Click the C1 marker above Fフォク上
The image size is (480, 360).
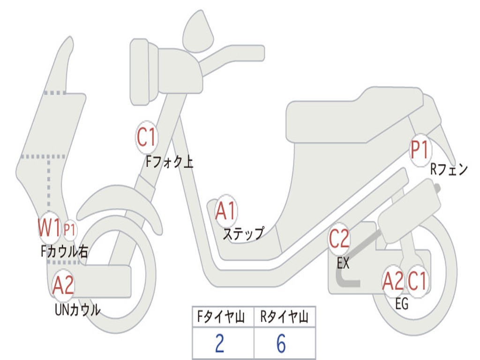click(x=146, y=137)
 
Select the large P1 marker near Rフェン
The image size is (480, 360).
click(x=420, y=150)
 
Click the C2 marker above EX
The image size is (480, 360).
click(x=339, y=240)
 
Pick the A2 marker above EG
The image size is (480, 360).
click(x=393, y=281)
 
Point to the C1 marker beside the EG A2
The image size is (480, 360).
click(x=417, y=281)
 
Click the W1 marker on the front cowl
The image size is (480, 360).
click(x=49, y=229)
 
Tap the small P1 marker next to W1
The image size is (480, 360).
click(x=70, y=230)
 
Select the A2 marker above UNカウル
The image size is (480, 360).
click(x=63, y=285)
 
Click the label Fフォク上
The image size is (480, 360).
click(x=169, y=162)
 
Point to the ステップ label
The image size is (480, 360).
click(x=243, y=233)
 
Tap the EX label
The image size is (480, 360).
click(x=343, y=263)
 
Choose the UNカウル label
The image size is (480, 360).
click(x=78, y=310)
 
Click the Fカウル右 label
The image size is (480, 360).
click(x=64, y=252)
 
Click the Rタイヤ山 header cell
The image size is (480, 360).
click(x=284, y=318)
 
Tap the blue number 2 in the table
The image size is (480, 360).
click(x=219, y=344)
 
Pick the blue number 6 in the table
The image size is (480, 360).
click(x=281, y=344)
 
